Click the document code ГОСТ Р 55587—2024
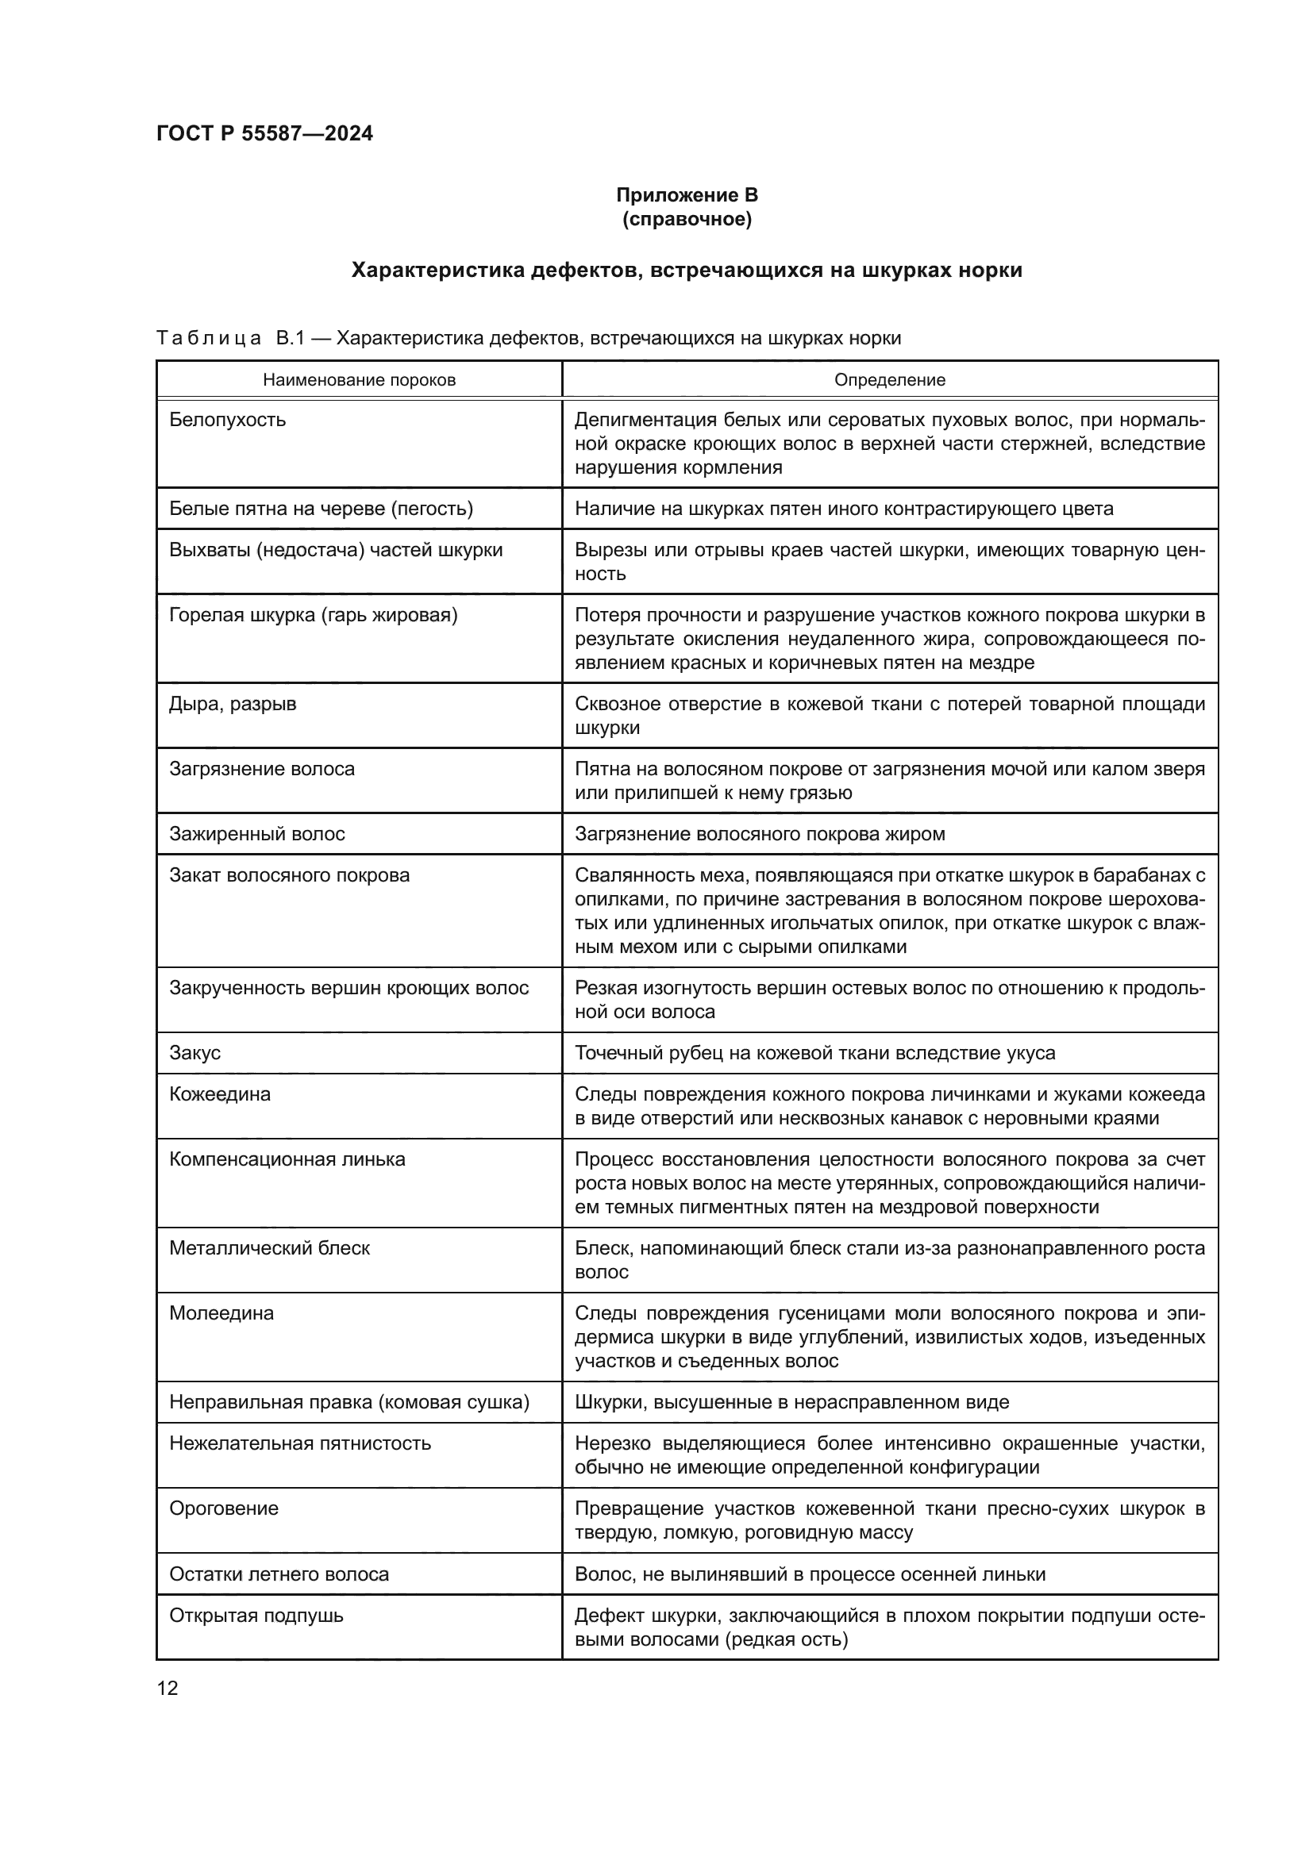coord(264,133)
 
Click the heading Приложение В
coord(687,195)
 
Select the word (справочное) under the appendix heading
coord(687,219)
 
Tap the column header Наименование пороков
coord(359,380)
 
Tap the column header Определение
coord(889,380)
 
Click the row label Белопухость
coord(227,420)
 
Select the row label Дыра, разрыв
coord(233,704)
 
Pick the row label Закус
coord(194,1052)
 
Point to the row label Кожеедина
coord(220,1093)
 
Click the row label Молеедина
coord(221,1312)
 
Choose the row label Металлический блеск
coord(269,1248)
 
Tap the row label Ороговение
coord(224,1508)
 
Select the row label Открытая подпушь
coord(256,1616)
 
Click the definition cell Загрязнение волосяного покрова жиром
coord(759,833)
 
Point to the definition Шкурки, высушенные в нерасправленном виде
coord(791,1401)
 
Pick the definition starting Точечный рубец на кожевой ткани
coord(815,1052)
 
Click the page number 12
coord(167,1681)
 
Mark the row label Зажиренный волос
coord(257,833)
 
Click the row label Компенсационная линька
coord(287,1159)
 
